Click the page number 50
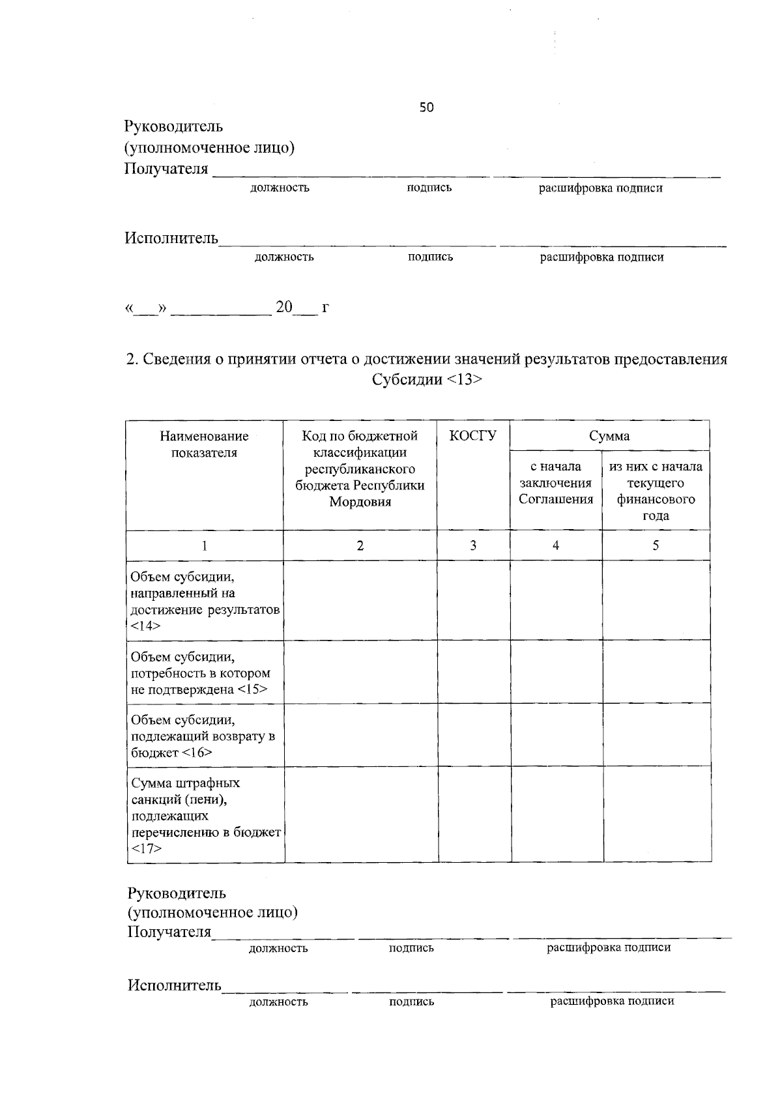pos(426,108)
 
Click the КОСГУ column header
pos(473,436)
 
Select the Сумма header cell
pos(609,436)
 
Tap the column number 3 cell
pos(473,545)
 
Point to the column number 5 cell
pos(656,545)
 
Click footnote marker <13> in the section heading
pos(465,380)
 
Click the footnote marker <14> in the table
pos(145,626)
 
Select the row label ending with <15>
pos(199,673)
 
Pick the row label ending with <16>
pos(203,736)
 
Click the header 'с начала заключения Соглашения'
pos(556,484)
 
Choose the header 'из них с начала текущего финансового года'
pos(656,491)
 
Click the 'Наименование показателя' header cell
pos(204,444)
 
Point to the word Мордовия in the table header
pos(360,502)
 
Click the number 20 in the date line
pos(284,307)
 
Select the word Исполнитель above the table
pos(171,238)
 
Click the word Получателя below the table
pos(169,932)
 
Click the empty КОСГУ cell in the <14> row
pos(473,600)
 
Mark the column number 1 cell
pos(204,545)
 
